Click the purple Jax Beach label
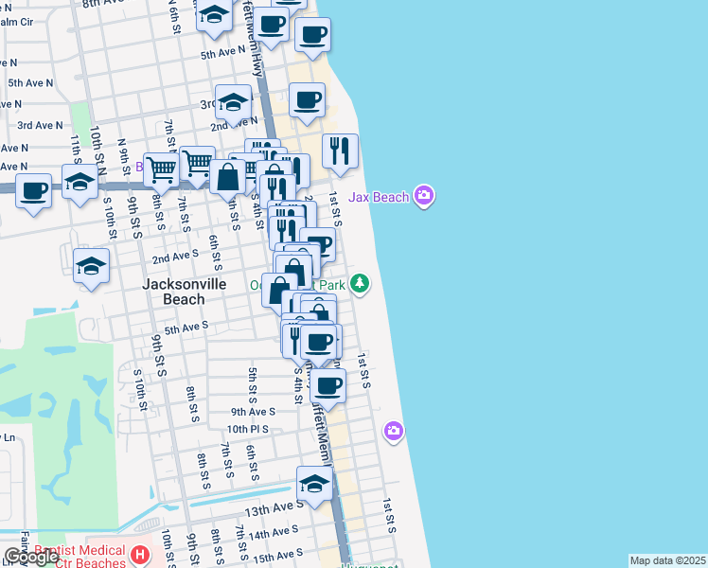[379, 197]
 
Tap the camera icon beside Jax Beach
[424, 196]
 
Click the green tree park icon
[360, 283]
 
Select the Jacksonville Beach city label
[172, 291]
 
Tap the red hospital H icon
[140, 554]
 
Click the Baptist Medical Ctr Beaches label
[80, 557]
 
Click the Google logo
[31, 557]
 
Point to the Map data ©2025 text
[667, 560]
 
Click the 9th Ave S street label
[253, 412]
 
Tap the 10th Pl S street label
[247, 429]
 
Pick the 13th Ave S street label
[274, 508]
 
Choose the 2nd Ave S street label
[175, 256]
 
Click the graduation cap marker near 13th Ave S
[314, 484]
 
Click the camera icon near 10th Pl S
[394, 432]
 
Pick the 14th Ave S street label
[274, 532]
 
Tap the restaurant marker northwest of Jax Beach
[340, 151]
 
